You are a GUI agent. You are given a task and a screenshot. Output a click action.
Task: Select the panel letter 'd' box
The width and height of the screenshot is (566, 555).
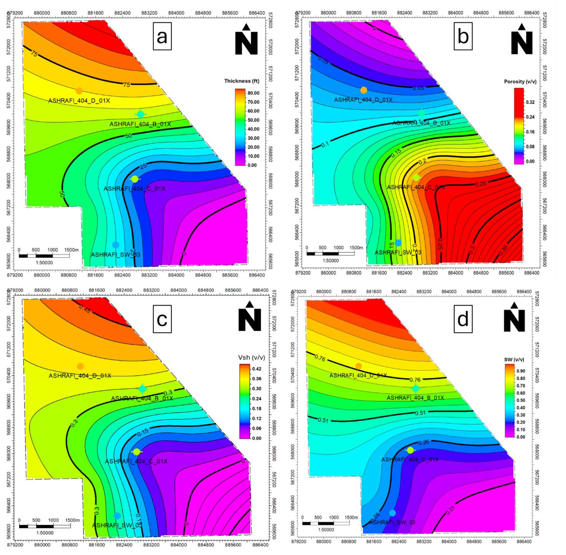pos(463,319)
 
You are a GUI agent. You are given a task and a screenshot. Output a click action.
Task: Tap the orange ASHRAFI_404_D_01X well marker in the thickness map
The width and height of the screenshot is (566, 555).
pos(79,91)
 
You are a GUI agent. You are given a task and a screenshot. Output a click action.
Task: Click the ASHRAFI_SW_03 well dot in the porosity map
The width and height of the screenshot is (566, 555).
pos(398,243)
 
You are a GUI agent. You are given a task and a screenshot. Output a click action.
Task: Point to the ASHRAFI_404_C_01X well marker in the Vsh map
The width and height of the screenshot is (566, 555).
pos(136,451)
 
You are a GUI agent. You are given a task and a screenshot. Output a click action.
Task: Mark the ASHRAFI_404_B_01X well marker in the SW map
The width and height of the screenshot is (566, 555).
pos(415,388)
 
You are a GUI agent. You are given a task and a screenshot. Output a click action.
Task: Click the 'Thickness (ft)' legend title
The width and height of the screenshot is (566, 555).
pos(241,81)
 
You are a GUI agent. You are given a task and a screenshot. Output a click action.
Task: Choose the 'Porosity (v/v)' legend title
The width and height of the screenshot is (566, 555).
pos(520,82)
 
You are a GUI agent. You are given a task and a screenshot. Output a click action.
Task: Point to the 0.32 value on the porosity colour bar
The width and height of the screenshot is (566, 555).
pos(530,102)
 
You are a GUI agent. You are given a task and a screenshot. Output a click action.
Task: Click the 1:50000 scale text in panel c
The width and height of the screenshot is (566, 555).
pos(45,533)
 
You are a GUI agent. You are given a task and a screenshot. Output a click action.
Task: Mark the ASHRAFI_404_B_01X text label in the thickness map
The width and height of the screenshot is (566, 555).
pos(140,124)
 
